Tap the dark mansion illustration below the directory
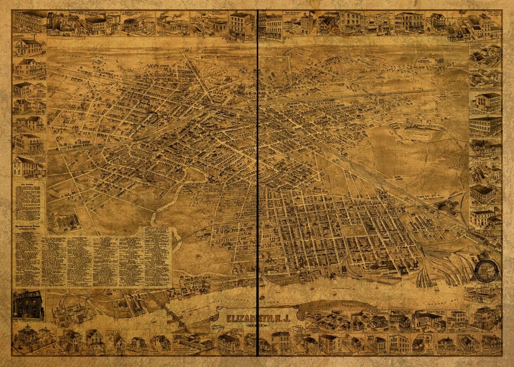(x=28, y=305)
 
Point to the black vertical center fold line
(x=257, y=184)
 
